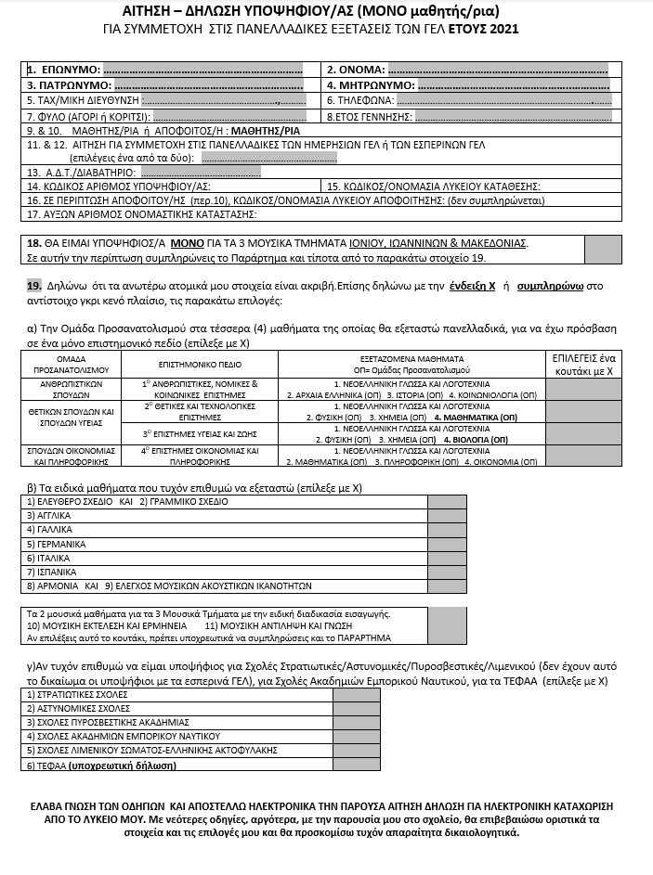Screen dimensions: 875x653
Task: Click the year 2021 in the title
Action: coord(502,29)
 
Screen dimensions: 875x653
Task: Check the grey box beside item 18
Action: coord(603,249)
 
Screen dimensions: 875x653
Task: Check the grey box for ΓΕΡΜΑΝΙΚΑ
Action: coord(448,544)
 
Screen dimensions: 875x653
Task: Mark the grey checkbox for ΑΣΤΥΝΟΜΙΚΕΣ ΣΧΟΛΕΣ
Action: coord(356,708)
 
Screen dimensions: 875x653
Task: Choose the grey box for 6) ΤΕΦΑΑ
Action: coord(356,766)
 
